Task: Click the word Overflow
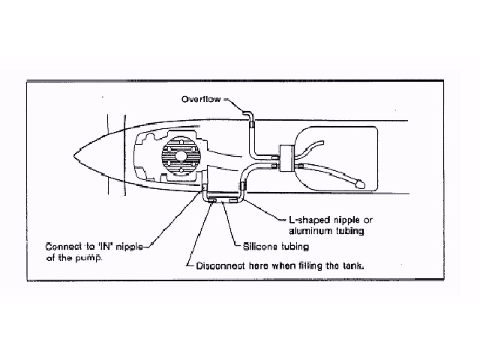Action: pos(200,99)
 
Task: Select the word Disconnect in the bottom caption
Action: pos(222,265)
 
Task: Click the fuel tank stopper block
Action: pos(287,156)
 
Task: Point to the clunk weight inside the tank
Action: pos(359,181)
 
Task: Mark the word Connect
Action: pos(67,245)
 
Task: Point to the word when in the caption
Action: pos(282,265)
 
